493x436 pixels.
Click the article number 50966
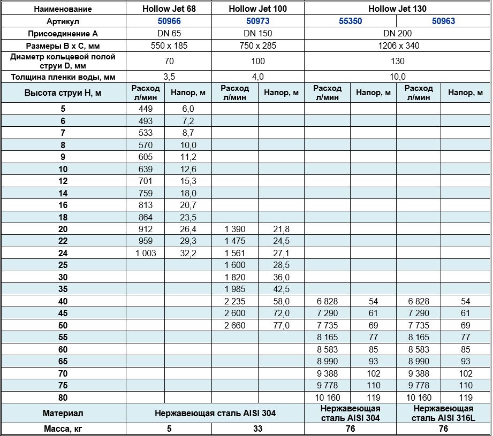click(169, 21)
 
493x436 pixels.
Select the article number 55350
click(351, 21)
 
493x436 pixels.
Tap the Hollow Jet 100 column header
click(257, 9)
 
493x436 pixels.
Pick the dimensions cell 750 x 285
click(257, 45)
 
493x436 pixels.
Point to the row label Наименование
click(63, 9)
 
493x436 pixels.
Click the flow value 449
click(145, 109)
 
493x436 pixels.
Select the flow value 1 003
click(145, 253)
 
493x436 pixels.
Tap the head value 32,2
click(188, 253)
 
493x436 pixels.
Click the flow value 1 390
click(236, 229)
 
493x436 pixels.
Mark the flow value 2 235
click(236, 301)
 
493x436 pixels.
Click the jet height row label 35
click(63, 289)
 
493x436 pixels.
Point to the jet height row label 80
click(63, 397)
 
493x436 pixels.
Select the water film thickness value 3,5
click(169, 77)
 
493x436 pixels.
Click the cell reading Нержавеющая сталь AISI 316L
click(443, 413)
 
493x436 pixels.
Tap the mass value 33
click(257, 429)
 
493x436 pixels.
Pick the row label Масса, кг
click(63, 429)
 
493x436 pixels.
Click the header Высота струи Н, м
click(63, 93)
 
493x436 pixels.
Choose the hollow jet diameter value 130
click(397, 61)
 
